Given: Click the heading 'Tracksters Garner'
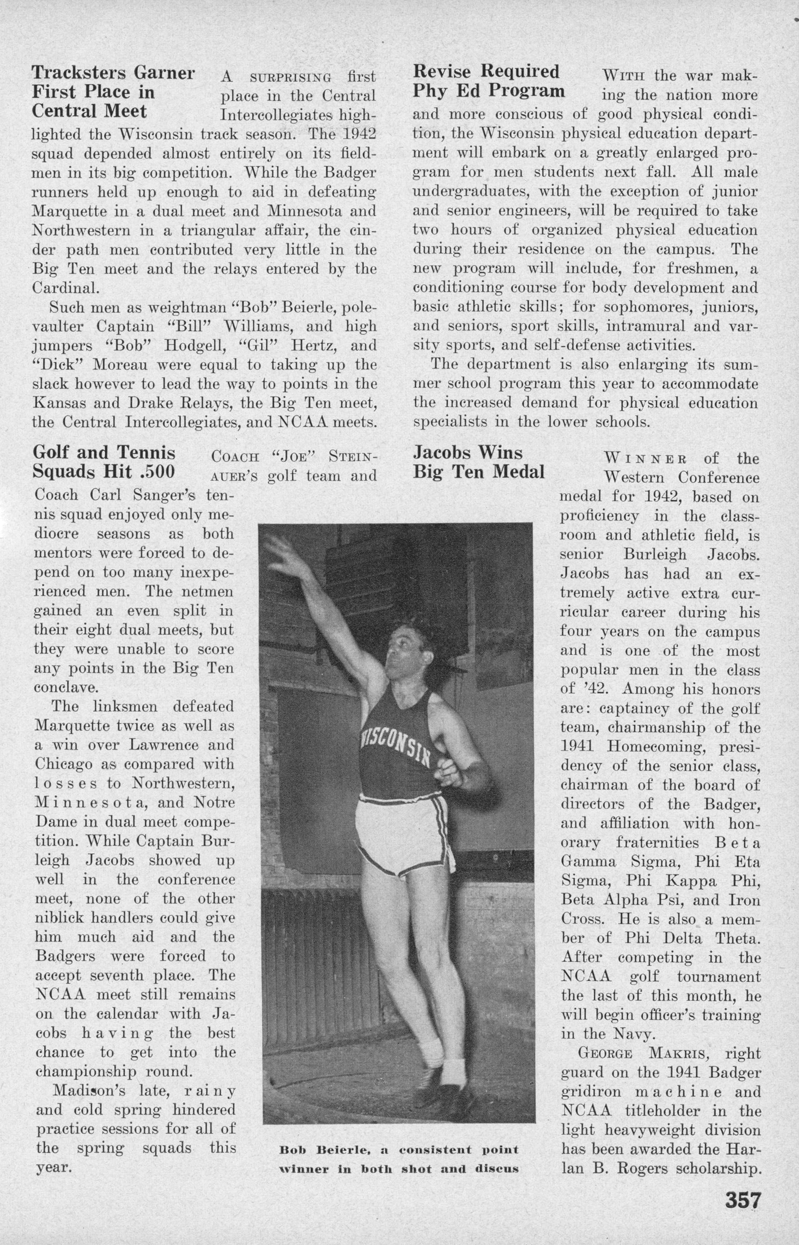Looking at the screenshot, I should [x=114, y=73].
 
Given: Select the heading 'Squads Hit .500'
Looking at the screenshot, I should [x=104, y=472].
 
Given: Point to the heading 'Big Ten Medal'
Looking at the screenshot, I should [x=479, y=472].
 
